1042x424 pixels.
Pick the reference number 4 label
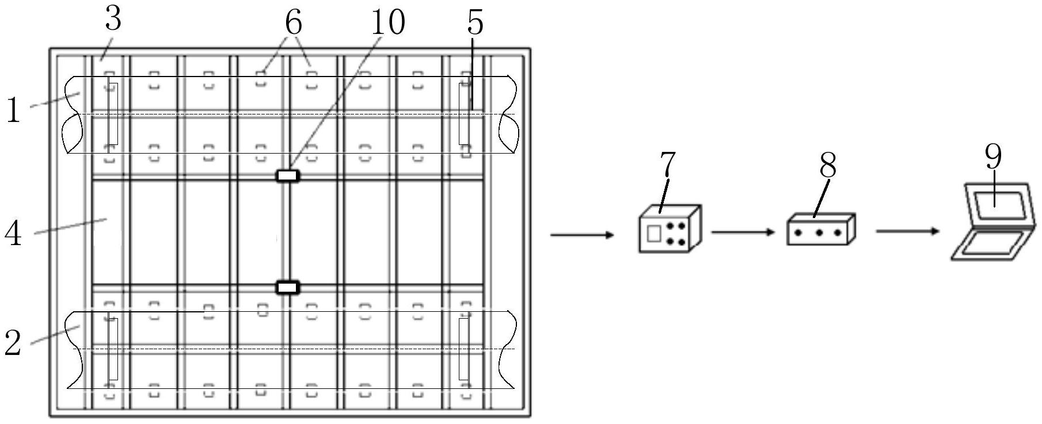(x=13, y=234)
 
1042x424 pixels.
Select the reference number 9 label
(x=993, y=156)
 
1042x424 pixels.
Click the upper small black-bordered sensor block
(x=288, y=175)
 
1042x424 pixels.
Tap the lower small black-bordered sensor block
(x=288, y=287)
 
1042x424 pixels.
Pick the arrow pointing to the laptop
(x=907, y=231)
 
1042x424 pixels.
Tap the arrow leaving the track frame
(x=582, y=235)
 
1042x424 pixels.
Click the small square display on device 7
(x=654, y=233)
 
